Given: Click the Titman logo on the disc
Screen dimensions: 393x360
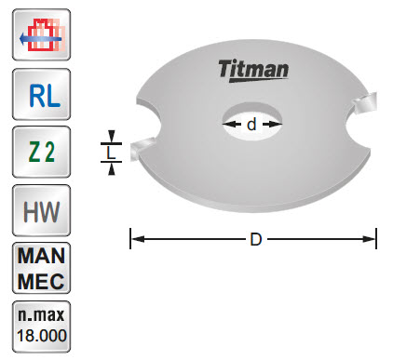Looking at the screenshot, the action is pos(254,69).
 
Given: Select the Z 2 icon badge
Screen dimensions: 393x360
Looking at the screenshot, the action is pos(39,151).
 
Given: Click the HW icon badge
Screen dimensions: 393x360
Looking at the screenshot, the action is pos(39,208).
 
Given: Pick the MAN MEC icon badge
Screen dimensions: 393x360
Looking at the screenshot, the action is pos(39,266).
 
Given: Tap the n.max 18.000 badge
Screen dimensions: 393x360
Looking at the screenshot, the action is pos(39,324).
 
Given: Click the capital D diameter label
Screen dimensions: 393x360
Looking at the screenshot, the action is pos(254,239).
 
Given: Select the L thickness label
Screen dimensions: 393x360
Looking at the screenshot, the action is pos(111,151).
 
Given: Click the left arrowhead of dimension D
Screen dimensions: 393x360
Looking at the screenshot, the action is pos(134,239).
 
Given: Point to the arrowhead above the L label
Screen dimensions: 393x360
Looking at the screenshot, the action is pos(111,136).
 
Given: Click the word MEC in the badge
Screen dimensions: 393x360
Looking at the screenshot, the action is pos(39,277).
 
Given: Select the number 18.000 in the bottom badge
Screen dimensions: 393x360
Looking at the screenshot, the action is pos(39,334).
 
